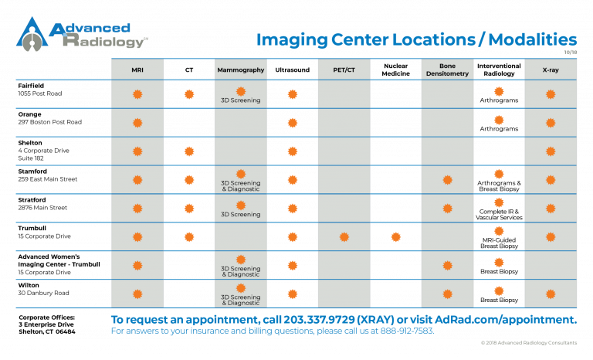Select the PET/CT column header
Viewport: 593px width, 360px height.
click(x=344, y=70)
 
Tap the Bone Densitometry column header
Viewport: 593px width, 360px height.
click(x=447, y=70)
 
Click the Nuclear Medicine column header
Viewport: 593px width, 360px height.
click(x=395, y=70)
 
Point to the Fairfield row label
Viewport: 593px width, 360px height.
click(x=31, y=86)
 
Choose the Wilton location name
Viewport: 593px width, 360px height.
click(x=29, y=285)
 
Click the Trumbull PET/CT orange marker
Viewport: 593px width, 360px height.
click(x=344, y=237)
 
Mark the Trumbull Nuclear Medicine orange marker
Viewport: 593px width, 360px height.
click(x=396, y=237)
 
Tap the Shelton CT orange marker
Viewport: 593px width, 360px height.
click(x=189, y=151)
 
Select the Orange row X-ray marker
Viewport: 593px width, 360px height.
click(x=551, y=123)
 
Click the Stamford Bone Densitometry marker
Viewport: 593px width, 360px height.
click(x=447, y=180)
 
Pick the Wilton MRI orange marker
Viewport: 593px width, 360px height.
click(x=137, y=294)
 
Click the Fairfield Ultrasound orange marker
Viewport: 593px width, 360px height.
click(x=293, y=94)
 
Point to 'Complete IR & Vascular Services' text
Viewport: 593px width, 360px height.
click(x=500, y=215)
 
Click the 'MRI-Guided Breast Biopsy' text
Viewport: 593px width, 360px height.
click(x=500, y=243)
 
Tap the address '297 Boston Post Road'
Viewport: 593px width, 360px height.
click(x=50, y=122)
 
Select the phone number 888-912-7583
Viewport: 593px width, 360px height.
click(x=407, y=331)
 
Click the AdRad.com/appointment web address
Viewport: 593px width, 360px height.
click(x=506, y=320)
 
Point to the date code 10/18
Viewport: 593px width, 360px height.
click(x=571, y=53)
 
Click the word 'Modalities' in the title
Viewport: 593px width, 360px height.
click(x=533, y=39)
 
